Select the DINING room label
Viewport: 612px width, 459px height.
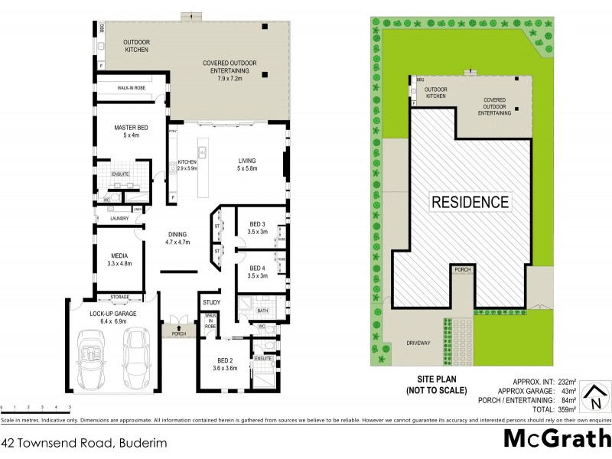point(177,238)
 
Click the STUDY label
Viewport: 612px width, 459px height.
point(211,303)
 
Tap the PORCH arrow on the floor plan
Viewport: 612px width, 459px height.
point(179,327)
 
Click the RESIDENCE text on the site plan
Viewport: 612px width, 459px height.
point(470,202)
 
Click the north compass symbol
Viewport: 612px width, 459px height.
point(593,397)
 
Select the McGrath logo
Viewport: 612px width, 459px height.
point(557,439)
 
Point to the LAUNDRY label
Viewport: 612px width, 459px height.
point(119,219)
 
